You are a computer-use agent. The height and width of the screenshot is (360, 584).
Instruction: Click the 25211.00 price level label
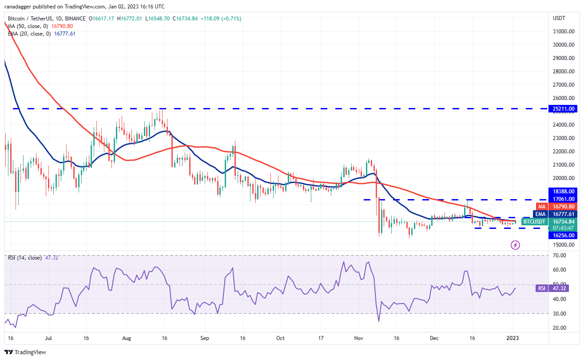[564, 108]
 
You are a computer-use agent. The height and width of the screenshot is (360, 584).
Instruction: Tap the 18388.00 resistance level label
[564, 191]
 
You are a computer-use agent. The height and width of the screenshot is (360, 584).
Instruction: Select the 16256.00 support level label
[564, 236]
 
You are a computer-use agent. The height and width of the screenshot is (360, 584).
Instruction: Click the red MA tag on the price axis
[542, 207]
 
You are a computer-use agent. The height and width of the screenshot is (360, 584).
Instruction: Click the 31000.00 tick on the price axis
[564, 32]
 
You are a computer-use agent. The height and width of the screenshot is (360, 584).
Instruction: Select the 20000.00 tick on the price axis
[564, 178]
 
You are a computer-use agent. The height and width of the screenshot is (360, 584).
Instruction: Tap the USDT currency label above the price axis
[558, 18]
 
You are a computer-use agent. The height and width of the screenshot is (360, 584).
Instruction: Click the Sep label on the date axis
[205, 338]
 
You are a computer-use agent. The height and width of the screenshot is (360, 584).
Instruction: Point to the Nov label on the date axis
[359, 338]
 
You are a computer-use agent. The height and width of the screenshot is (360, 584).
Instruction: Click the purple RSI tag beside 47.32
[542, 288]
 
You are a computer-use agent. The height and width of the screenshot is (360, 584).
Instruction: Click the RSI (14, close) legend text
[24, 258]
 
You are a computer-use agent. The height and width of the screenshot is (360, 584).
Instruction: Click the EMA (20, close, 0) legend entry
[29, 33]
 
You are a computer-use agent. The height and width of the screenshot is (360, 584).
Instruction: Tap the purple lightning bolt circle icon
[515, 245]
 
